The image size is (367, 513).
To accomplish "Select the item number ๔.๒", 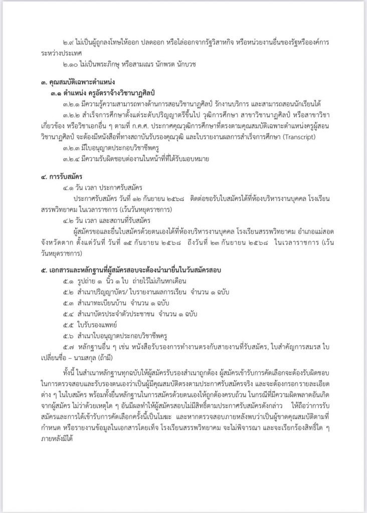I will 70,220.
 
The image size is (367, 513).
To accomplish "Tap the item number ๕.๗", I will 70,347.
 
